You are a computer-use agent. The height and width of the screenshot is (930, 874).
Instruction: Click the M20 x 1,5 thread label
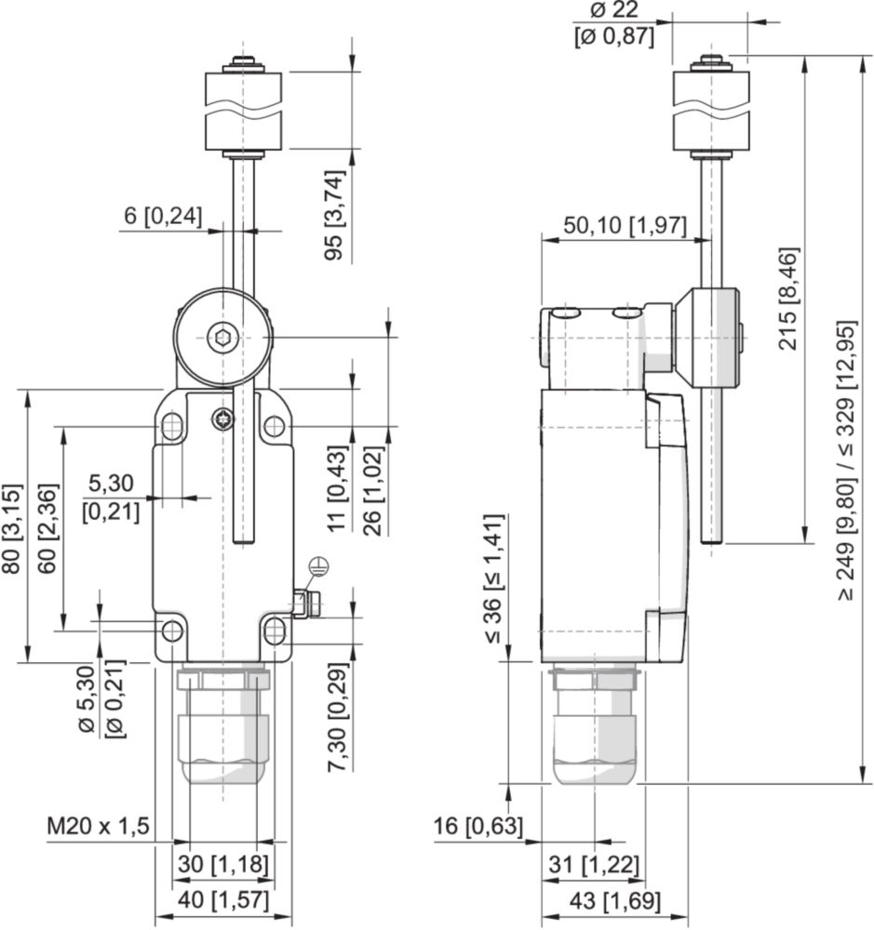point(98,828)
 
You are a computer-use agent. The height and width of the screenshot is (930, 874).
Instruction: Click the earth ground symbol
point(318,564)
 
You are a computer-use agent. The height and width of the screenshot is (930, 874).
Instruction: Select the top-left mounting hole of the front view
point(172,427)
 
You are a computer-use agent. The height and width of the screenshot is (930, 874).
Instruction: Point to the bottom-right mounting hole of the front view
point(274,631)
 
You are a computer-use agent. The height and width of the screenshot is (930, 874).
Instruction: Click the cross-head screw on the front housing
point(223,420)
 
